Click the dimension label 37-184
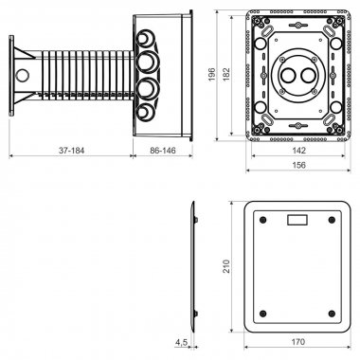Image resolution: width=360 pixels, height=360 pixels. [x=72, y=151]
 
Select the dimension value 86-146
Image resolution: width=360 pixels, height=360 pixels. [x=163, y=151]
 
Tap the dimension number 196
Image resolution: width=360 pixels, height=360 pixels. [x=212, y=74]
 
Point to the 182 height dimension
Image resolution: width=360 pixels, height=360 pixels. [x=226, y=74]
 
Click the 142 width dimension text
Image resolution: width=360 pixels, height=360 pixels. [x=298, y=151]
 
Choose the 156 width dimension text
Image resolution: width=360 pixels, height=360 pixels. [x=298, y=165]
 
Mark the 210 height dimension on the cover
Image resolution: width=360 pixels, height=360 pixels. [x=226, y=266]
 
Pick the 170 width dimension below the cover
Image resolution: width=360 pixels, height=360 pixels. [x=298, y=342]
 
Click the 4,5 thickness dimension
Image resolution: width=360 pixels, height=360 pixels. [x=182, y=342]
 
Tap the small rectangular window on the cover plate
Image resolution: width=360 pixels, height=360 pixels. [x=297, y=220]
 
